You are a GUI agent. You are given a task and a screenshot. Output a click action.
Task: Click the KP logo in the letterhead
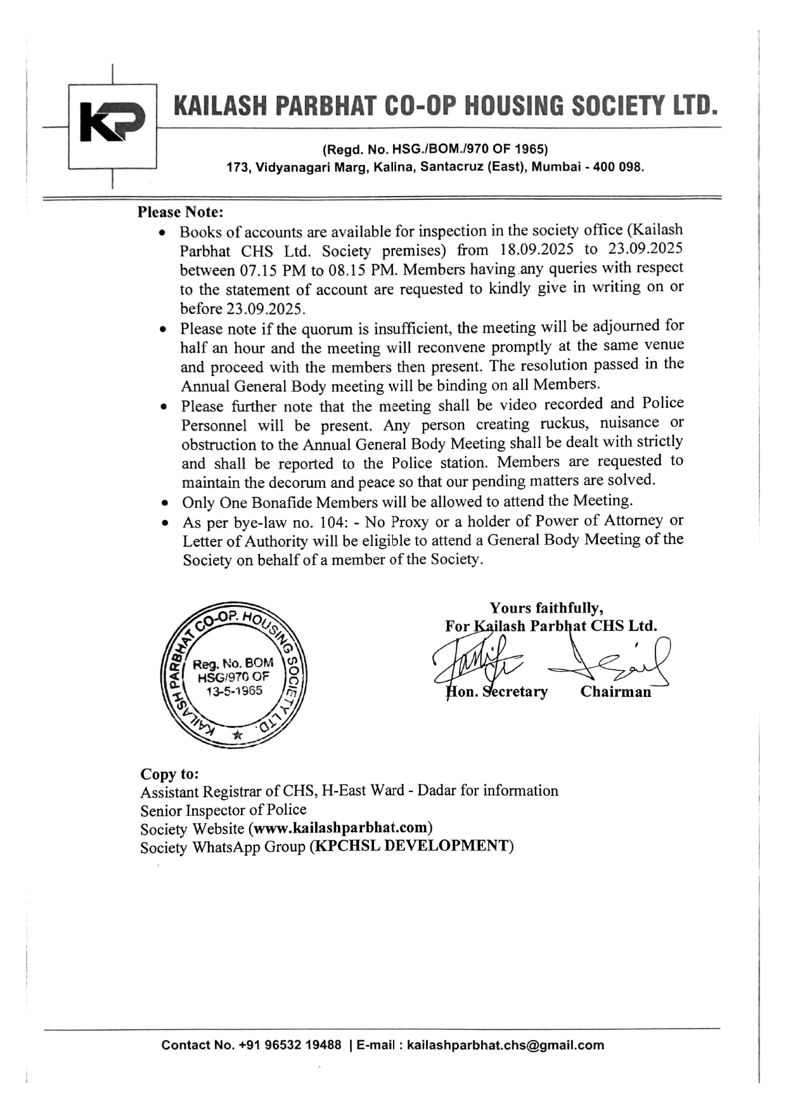click(112, 121)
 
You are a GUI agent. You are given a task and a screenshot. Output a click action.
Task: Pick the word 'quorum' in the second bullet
click(328, 329)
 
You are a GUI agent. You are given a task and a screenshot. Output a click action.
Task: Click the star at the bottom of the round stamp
click(237, 735)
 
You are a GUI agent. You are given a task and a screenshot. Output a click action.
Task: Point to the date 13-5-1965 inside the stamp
click(235, 691)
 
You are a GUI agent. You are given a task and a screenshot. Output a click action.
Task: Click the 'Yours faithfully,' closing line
click(546, 608)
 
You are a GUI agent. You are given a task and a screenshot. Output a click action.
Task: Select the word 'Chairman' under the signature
click(615, 692)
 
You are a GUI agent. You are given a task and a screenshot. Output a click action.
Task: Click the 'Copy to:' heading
click(169, 774)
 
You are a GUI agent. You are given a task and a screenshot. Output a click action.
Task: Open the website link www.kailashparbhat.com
click(341, 828)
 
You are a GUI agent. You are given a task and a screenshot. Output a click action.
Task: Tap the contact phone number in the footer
click(290, 1045)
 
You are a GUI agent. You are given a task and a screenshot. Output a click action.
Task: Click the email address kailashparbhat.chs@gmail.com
click(505, 1045)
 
